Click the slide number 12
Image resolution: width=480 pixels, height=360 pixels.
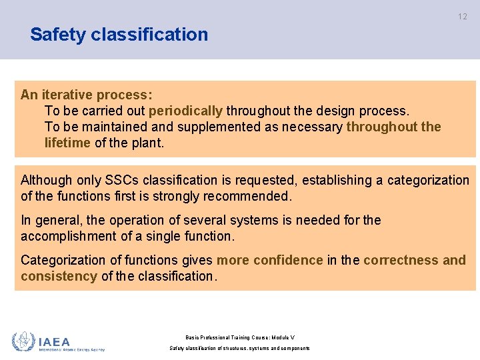tap(463, 17)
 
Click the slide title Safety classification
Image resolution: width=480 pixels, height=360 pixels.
tap(119, 35)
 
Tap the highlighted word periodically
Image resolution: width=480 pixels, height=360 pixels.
tap(185, 111)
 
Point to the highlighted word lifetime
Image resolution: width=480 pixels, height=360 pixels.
tap(67, 143)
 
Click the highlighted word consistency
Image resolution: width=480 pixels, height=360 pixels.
tap(59, 276)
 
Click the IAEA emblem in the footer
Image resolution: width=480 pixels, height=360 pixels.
tap(24, 342)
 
